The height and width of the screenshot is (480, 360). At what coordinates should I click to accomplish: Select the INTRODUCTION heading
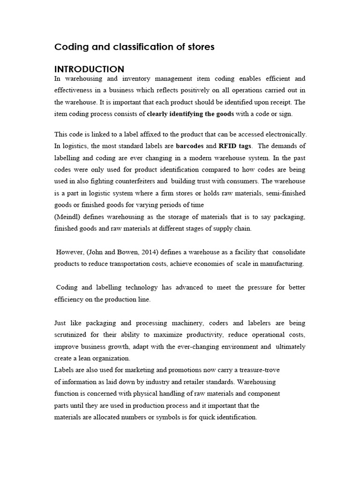(x=90, y=69)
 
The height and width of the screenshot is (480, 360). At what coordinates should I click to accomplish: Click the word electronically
(x=283, y=135)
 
